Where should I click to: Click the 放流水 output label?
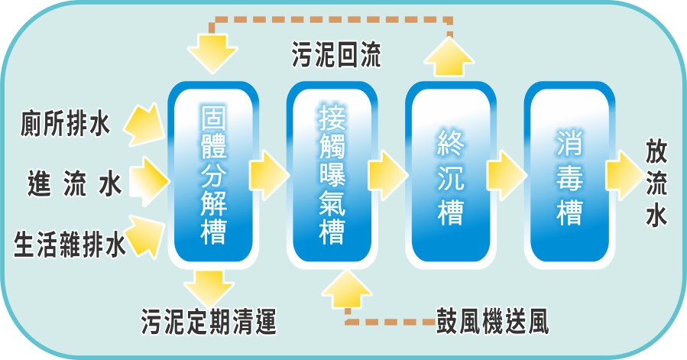click(x=657, y=183)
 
